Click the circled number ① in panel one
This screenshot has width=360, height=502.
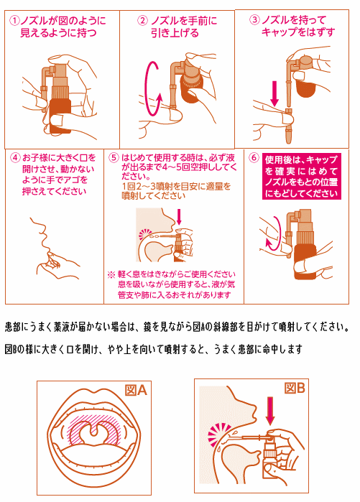[x=15, y=21]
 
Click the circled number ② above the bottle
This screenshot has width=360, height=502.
[x=142, y=21]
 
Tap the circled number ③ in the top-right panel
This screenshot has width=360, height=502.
[x=254, y=20]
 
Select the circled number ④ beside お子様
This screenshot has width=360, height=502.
[x=15, y=158]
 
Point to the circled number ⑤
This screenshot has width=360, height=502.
[x=114, y=157]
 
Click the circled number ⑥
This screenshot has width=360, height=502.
[x=254, y=157]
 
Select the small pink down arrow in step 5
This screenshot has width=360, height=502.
[x=179, y=218]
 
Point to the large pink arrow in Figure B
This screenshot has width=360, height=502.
[x=271, y=411]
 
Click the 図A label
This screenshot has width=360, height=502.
[x=136, y=391]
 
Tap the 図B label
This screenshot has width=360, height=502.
[x=295, y=388]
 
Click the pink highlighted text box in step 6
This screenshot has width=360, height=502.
[x=301, y=177]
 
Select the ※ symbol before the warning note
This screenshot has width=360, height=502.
[x=111, y=274]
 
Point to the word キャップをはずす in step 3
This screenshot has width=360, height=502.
[x=298, y=32]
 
